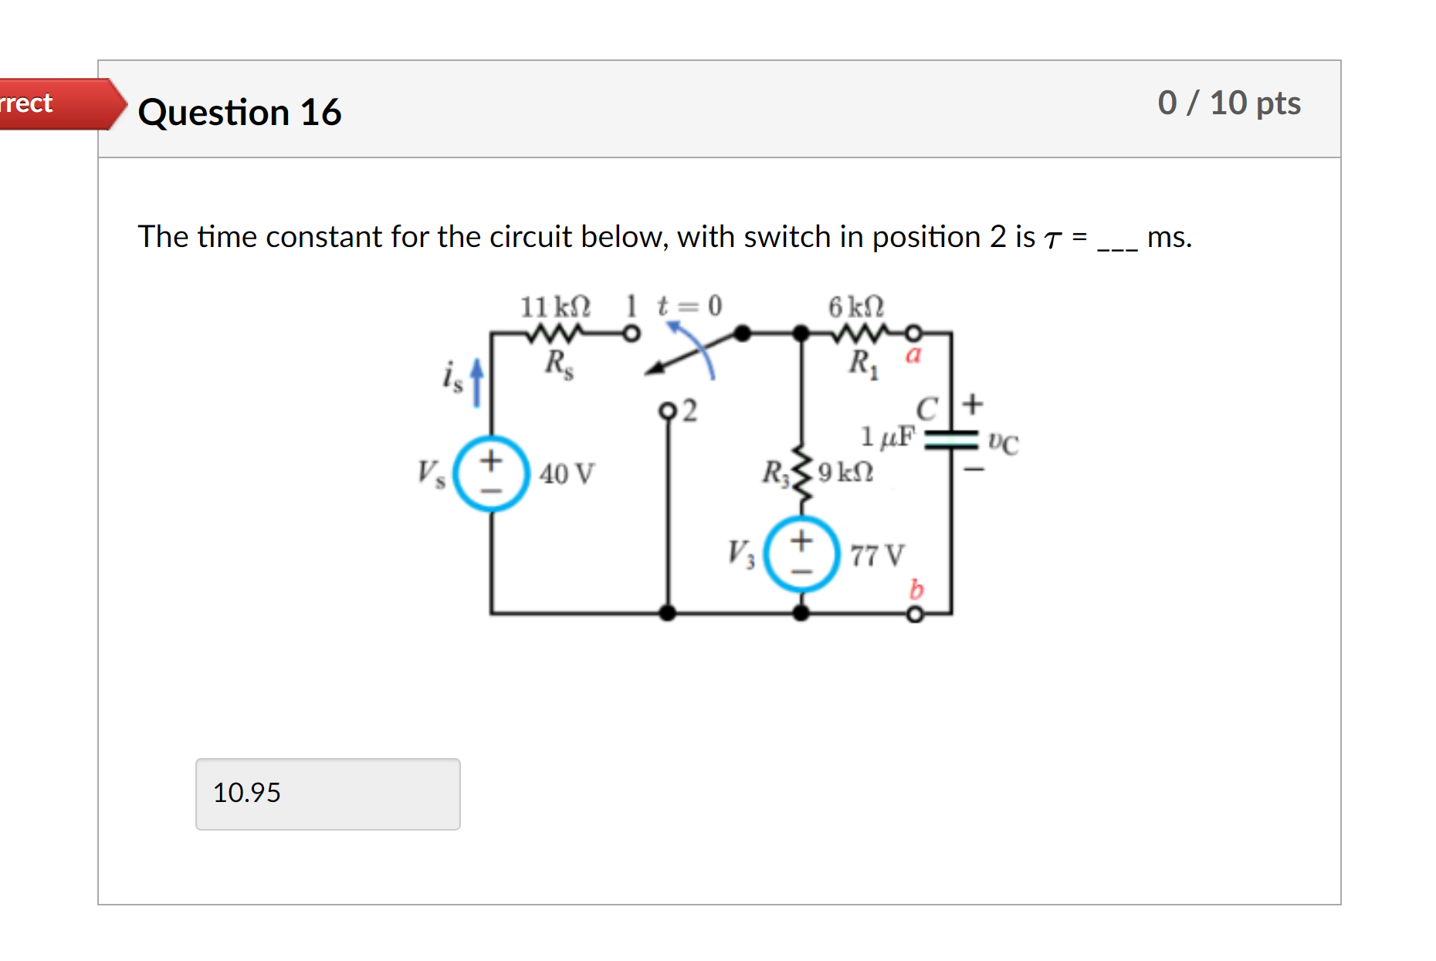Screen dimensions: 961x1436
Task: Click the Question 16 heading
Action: [x=239, y=113]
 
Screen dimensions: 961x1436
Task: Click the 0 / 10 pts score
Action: [x=1228, y=103]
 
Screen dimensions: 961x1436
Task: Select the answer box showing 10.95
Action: [x=327, y=794]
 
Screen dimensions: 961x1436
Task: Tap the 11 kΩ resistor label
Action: [x=555, y=307]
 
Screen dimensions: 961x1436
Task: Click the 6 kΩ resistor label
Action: [x=856, y=307]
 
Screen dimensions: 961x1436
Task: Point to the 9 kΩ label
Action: [x=846, y=472]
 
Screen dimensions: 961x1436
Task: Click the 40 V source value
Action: [x=567, y=473]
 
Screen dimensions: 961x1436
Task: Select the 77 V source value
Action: [x=877, y=555]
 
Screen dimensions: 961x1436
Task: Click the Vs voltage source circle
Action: [x=491, y=473]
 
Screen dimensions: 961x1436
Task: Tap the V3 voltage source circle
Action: [x=801, y=554]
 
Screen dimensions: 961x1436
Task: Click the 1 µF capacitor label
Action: [x=888, y=437]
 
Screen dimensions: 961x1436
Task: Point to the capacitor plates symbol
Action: [x=951, y=440]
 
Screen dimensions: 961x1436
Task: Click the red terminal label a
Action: [x=913, y=355]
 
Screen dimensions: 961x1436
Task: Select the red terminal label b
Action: [x=916, y=589]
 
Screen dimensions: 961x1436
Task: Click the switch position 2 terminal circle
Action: [x=668, y=411]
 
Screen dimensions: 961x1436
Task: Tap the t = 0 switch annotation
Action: [x=689, y=306]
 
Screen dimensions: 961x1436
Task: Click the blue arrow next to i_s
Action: [x=477, y=381]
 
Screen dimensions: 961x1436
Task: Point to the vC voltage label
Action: [x=1003, y=442]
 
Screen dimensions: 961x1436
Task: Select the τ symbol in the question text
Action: [x=1052, y=239]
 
